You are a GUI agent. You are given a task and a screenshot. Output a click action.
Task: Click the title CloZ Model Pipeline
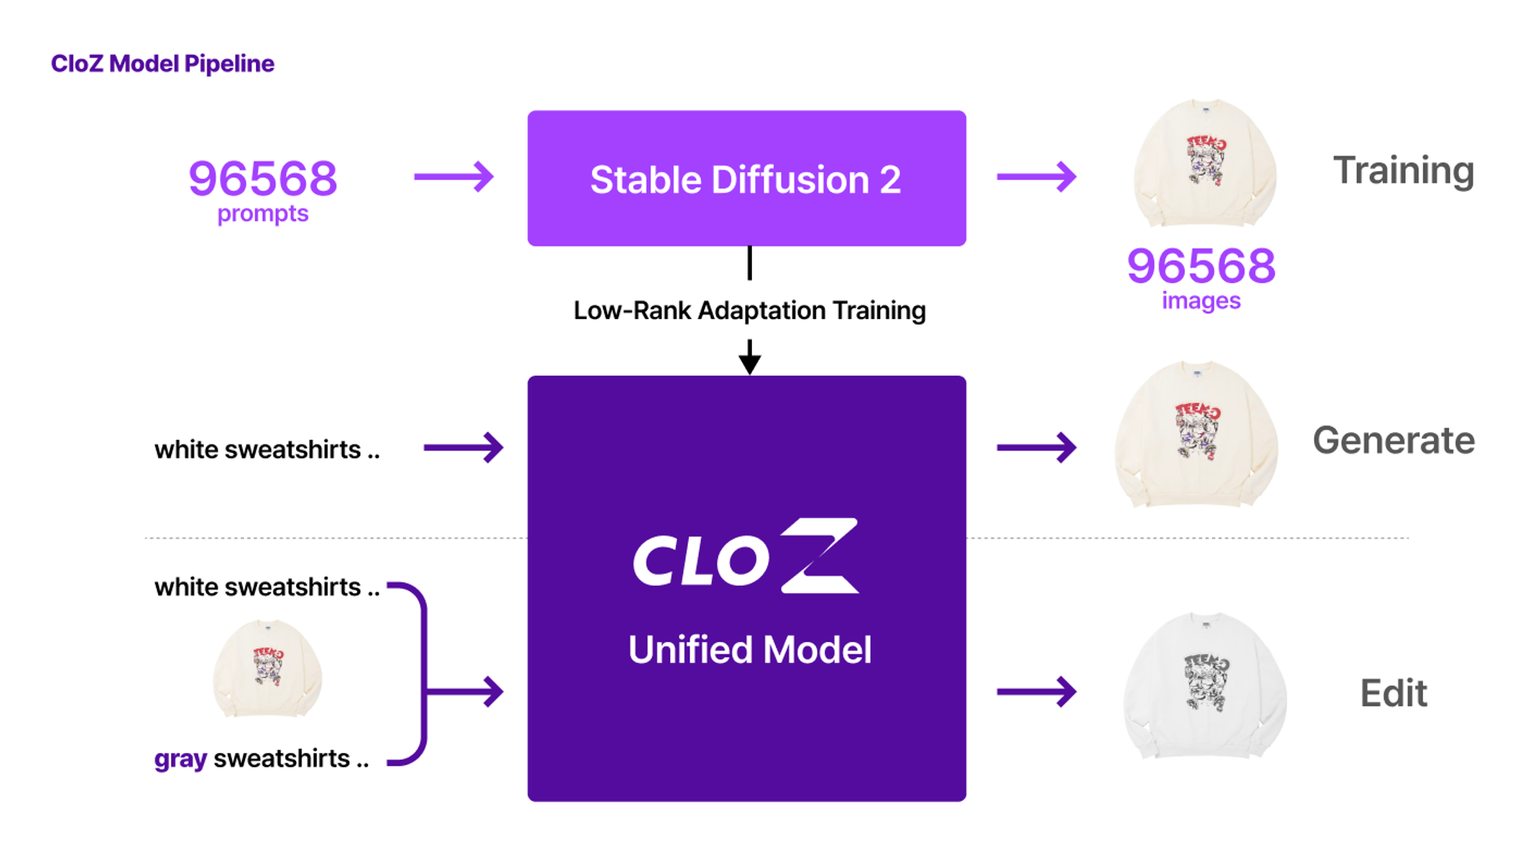pos(162,63)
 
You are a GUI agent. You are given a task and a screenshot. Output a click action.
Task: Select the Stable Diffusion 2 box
pos(746,179)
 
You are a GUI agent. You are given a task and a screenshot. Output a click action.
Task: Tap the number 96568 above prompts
pos(263,179)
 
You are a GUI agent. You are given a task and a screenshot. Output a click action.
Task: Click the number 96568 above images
pos(1201,266)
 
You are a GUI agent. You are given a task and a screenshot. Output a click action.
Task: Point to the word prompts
pos(263,214)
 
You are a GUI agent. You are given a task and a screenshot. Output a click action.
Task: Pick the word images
pos(1201,301)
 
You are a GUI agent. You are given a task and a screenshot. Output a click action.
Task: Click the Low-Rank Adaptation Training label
pos(749,311)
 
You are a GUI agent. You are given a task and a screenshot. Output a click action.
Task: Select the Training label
pos(1403,170)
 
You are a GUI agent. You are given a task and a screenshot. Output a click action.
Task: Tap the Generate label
pos(1393,441)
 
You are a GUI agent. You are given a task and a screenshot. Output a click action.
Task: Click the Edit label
pos(1393,693)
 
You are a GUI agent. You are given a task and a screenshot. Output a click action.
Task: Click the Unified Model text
pos(749,650)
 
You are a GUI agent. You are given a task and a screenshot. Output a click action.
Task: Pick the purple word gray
pos(180,759)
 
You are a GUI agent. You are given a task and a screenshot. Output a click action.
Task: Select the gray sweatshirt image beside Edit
pos(1205,686)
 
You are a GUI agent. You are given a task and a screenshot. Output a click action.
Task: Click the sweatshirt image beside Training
pos(1205,163)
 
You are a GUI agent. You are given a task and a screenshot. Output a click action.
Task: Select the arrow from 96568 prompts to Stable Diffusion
pos(454,177)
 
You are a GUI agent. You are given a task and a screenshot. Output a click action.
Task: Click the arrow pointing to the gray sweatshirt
pos(1036,693)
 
